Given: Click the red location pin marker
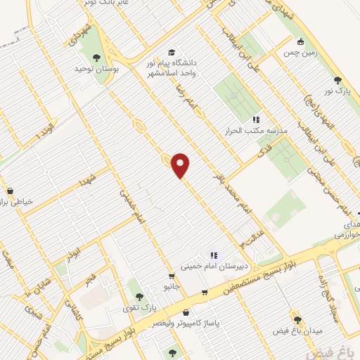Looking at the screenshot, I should pyautogui.click(x=181, y=165).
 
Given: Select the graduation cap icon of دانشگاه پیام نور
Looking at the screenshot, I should pyautogui.click(x=172, y=52).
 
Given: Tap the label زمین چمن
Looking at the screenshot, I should pyautogui.click(x=301, y=53).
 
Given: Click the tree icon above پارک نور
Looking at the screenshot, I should pyautogui.click(x=337, y=80).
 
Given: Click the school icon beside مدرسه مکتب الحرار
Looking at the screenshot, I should pyautogui.click(x=256, y=120).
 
